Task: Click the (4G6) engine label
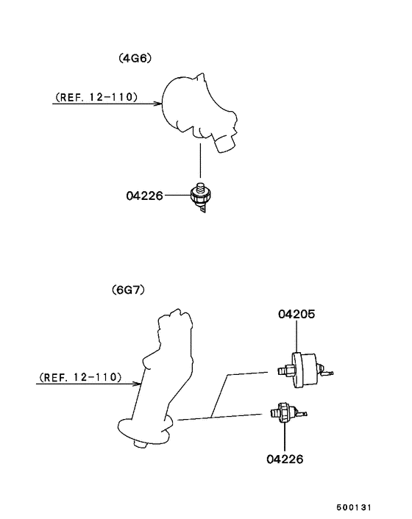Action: (x=135, y=58)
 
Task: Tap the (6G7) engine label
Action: (x=129, y=290)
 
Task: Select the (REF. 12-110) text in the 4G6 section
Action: (x=96, y=97)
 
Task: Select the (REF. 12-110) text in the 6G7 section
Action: (x=80, y=377)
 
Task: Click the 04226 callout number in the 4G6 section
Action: (x=145, y=196)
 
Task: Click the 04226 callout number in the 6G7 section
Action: (x=285, y=459)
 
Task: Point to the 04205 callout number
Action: (x=296, y=314)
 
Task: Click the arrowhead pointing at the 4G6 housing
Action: (x=159, y=104)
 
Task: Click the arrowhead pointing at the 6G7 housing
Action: (x=138, y=384)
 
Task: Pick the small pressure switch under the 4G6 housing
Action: (x=201, y=197)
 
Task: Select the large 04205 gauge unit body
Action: (x=305, y=370)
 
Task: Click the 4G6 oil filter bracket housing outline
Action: (x=199, y=112)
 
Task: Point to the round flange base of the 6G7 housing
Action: (x=145, y=430)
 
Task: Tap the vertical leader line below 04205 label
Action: (x=296, y=336)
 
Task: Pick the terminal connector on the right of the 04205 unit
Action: (x=325, y=371)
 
